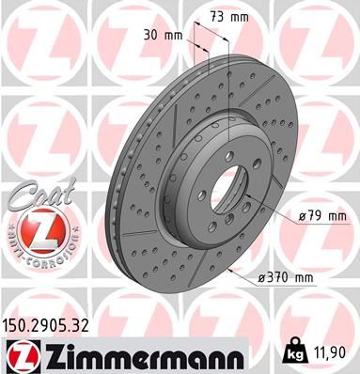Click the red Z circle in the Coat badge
(36, 229)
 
